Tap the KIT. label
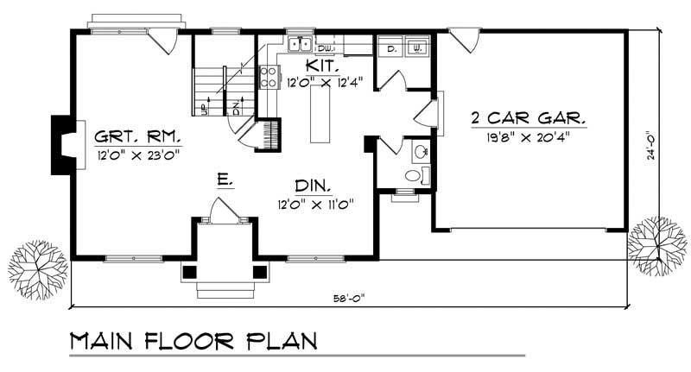[x=320, y=66]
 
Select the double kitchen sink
[x=301, y=42]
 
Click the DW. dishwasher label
[x=326, y=47]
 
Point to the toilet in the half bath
[x=415, y=176]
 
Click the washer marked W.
[x=416, y=47]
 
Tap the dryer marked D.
[x=390, y=47]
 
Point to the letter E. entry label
[x=223, y=180]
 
